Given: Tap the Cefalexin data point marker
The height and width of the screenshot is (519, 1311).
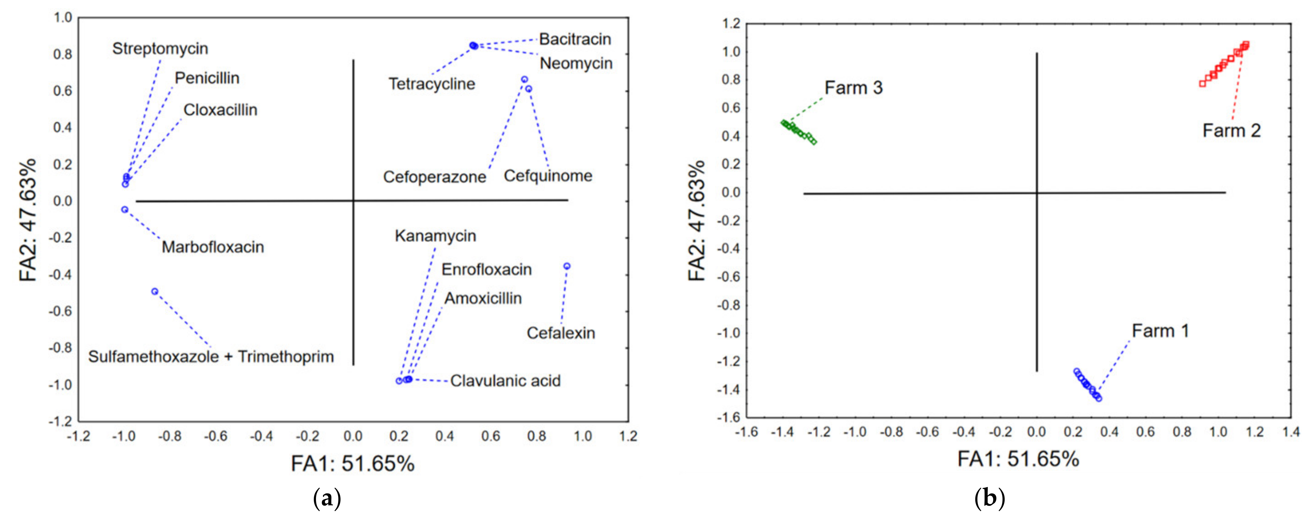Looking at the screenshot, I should click(567, 266).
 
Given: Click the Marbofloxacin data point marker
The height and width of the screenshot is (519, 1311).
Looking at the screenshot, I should click(125, 209).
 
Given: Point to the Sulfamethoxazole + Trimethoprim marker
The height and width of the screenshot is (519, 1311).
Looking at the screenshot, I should click(155, 292).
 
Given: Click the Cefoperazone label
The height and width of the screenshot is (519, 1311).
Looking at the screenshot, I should click(434, 177).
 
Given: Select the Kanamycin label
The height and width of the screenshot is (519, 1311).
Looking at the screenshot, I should click(435, 236).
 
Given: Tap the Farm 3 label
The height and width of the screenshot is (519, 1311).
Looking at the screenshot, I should click(854, 88).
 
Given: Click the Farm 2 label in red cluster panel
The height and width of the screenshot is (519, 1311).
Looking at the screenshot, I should click(1231, 131).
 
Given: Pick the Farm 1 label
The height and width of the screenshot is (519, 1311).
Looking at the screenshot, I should click(1160, 331).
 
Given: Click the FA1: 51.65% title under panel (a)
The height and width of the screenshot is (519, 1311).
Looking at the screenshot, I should click(353, 464).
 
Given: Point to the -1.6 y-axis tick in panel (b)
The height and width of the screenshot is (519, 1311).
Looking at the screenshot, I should click(729, 418).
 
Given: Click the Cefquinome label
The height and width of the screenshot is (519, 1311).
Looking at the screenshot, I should click(548, 176).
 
